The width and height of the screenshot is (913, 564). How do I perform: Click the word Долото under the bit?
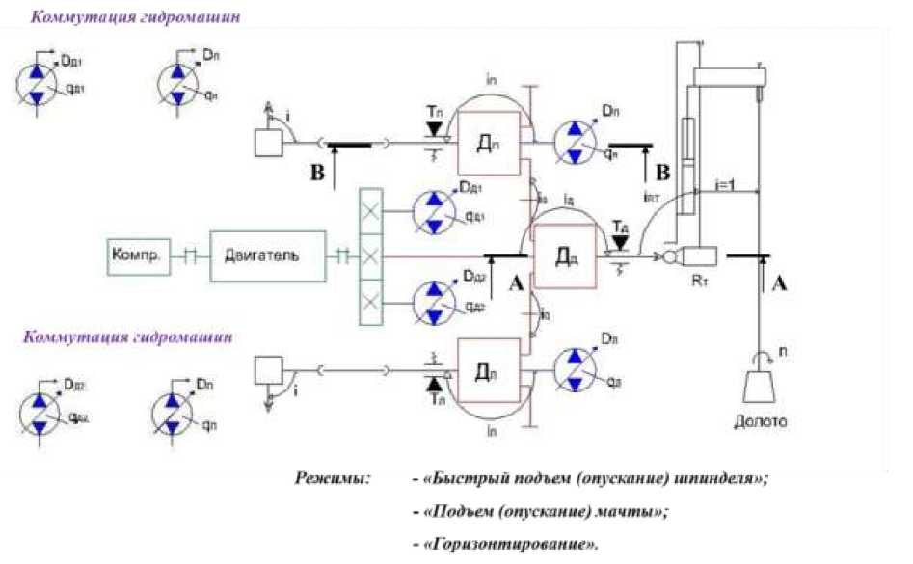coord(762,421)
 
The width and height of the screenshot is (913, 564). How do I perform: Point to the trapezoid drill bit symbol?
coord(763,385)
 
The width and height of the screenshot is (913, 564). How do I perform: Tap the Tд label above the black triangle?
coord(620,225)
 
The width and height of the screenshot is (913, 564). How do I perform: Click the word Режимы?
coord(333,479)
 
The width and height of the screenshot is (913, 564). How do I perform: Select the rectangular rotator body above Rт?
coord(695,256)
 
